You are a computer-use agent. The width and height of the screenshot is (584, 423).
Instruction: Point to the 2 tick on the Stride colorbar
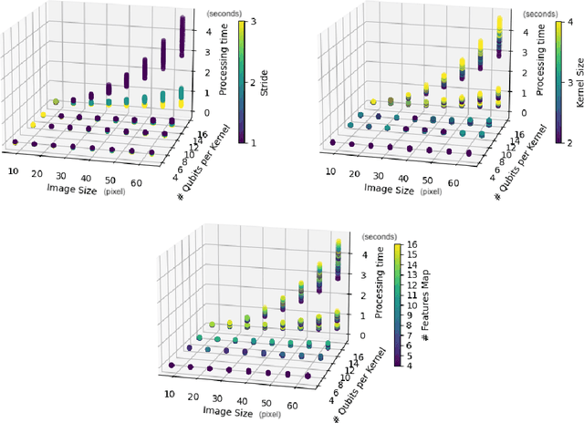click(x=250, y=81)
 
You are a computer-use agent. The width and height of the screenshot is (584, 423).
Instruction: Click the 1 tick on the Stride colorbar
click(x=250, y=141)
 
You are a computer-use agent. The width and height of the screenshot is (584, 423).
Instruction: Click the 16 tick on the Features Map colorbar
click(x=412, y=246)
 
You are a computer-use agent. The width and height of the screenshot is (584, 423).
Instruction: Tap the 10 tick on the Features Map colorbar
click(x=412, y=305)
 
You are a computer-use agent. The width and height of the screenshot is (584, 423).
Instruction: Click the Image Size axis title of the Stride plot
click(x=80, y=189)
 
